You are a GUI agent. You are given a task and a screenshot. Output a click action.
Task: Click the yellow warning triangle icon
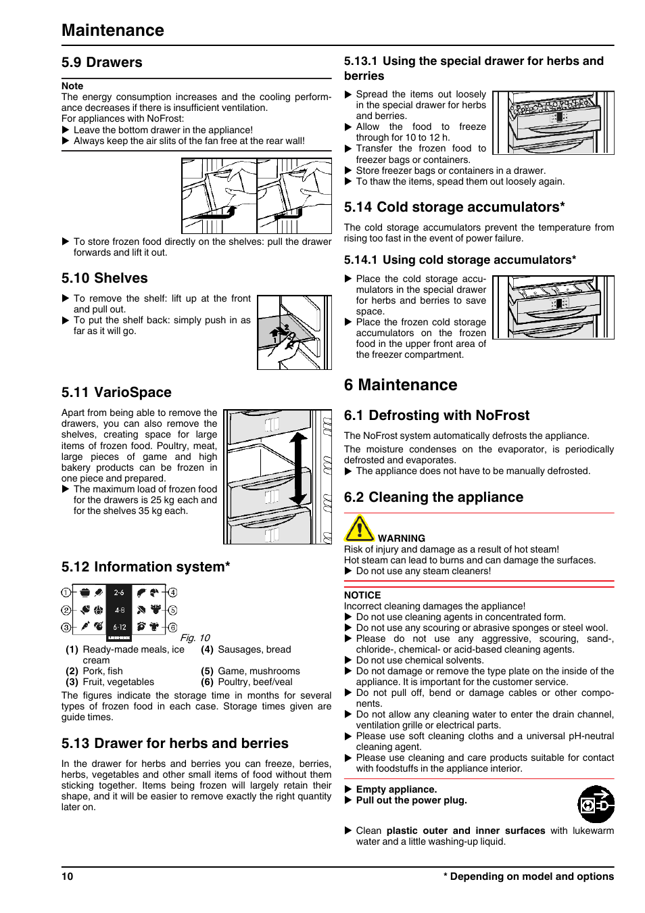point(359,529)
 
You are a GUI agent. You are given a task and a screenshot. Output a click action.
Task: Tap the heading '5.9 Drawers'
point(101,63)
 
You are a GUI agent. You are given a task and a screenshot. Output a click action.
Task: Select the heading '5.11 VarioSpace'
point(116,393)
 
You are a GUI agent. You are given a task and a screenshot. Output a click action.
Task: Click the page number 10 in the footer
point(67,876)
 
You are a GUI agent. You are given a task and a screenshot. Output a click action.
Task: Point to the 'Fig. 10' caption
point(195,638)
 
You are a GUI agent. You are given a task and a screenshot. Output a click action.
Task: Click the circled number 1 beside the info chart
point(66,592)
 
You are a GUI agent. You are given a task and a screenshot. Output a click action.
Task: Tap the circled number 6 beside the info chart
point(172,628)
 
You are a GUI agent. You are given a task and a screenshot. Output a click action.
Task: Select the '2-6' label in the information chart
point(119,592)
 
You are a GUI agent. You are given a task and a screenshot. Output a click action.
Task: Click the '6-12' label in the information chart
point(119,627)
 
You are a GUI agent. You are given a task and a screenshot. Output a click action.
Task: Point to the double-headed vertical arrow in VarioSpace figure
point(297,469)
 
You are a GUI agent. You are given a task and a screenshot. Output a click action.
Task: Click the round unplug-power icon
point(596,804)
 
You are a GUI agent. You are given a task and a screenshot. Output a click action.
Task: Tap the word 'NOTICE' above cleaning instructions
point(362,596)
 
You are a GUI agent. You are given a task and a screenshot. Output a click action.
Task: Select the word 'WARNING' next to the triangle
point(402,539)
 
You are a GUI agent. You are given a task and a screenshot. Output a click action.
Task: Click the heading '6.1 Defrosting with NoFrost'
point(436,416)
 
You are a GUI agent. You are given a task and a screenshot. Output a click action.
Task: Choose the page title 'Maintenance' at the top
point(113,30)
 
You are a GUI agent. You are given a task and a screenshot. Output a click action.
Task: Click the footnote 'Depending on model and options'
point(531,876)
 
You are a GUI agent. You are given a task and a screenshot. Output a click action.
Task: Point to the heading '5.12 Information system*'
point(145,567)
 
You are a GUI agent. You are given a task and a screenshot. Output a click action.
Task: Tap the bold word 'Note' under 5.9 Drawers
point(72,86)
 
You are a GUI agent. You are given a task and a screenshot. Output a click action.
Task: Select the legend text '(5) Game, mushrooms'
point(250,671)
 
